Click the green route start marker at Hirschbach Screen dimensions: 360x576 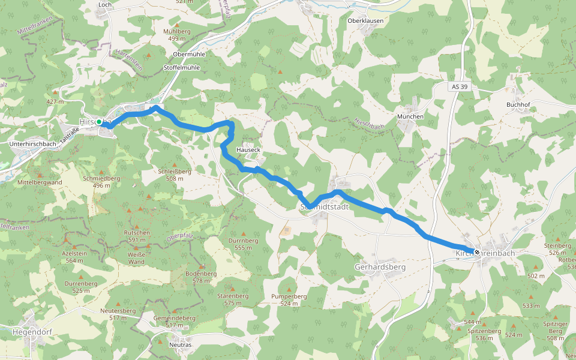point(99,122)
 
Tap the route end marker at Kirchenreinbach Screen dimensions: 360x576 point(477,253)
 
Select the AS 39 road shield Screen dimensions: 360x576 point(460,87)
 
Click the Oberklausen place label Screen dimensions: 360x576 point(365,20)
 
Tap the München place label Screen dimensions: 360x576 point(410,116)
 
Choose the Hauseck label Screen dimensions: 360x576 point(248,149)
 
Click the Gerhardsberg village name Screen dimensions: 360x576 point(380,266)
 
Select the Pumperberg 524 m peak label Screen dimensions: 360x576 point(289,300)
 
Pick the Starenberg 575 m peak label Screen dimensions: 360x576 point(232,299)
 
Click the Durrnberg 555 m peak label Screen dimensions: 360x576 point(243,244)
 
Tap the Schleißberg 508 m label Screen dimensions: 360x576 point(175,175)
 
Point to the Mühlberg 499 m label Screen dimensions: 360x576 point(177,35)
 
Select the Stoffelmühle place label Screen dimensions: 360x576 point(181,67)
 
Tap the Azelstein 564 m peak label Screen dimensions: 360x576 point(74,257)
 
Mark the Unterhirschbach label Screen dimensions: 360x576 point(33,144)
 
